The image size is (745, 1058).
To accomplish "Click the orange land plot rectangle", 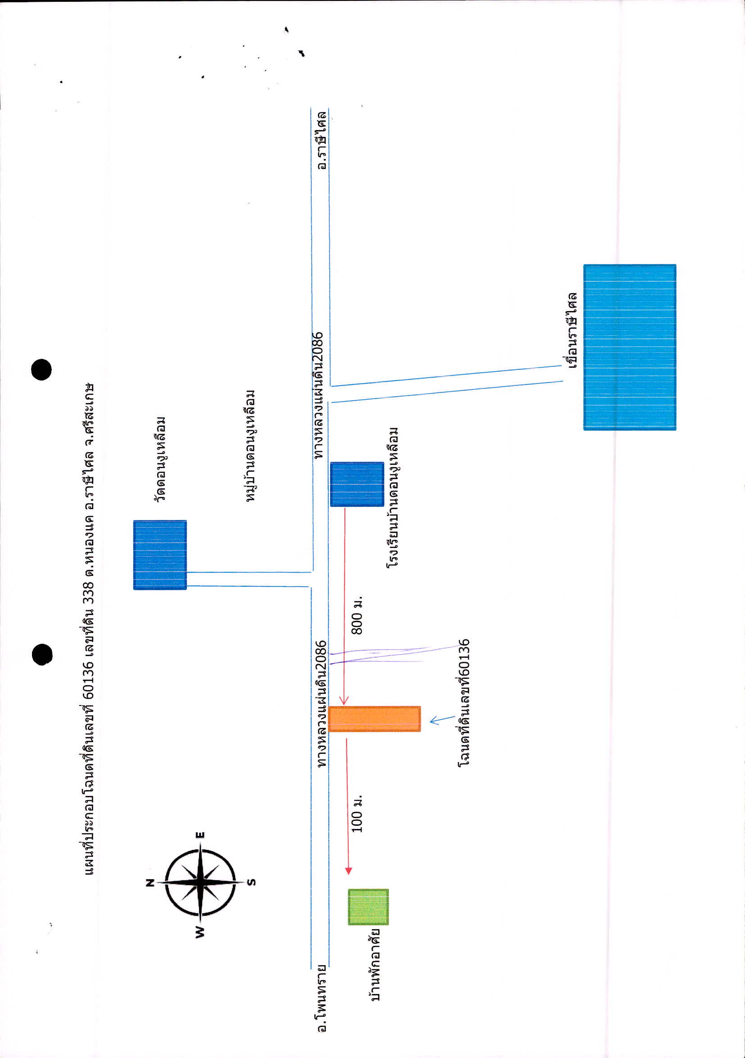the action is (374, 719).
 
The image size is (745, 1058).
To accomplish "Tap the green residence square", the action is (368, 907).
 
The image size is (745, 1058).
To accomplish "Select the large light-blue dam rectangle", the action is (630, 347).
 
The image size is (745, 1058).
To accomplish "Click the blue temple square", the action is (160, 555).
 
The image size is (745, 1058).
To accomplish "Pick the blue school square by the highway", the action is (357, 484).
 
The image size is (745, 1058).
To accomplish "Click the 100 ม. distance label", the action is (357, 814).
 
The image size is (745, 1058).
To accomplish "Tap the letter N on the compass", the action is (150, 883).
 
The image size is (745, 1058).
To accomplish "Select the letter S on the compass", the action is (251, 882).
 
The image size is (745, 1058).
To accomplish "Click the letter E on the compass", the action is (200, 835).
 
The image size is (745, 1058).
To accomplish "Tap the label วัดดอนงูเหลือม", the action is (160, 459).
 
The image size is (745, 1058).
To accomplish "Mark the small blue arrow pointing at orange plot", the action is (442, 720).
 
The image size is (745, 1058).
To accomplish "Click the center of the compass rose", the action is (200, 882).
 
